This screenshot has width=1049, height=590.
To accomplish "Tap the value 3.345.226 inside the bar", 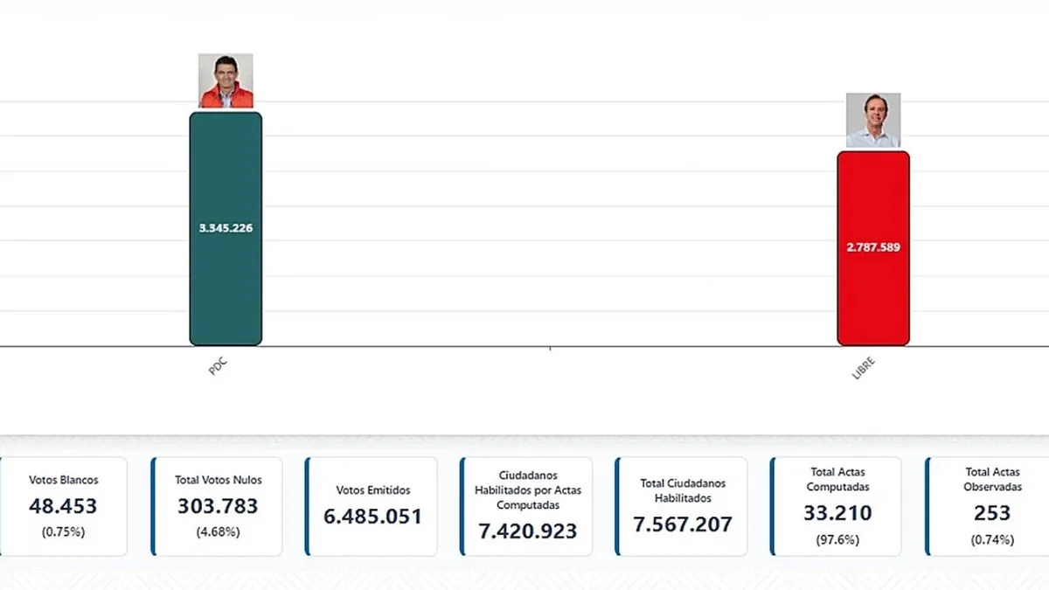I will [226, 228].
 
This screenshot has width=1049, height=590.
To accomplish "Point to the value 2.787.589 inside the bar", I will [872, 246].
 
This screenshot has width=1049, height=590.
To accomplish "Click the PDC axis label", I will [218, 365].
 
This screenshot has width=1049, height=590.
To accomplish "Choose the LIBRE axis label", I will [863, 368].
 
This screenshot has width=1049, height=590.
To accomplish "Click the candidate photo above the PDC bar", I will [226, 80].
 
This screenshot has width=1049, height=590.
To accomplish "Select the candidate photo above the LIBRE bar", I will [872, 120].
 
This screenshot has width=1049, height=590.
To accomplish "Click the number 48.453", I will [63, 506].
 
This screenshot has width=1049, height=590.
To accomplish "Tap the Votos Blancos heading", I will [63, 480].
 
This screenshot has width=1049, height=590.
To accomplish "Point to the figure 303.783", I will [218, 506].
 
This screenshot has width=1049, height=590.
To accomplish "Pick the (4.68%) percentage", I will [218, 531].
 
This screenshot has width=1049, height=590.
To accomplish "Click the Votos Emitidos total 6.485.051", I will [372, 516].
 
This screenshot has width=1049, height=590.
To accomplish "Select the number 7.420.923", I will [527, 530].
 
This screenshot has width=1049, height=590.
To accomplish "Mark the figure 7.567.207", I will [683, 524].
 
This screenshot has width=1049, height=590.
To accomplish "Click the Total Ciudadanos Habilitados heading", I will [683, 490].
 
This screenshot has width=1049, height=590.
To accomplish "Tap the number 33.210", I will [837, 513].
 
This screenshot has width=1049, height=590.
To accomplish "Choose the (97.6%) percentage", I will [837, 539].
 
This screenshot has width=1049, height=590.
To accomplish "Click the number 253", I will [992, 513].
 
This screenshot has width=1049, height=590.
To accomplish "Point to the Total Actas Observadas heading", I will [992, 479].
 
